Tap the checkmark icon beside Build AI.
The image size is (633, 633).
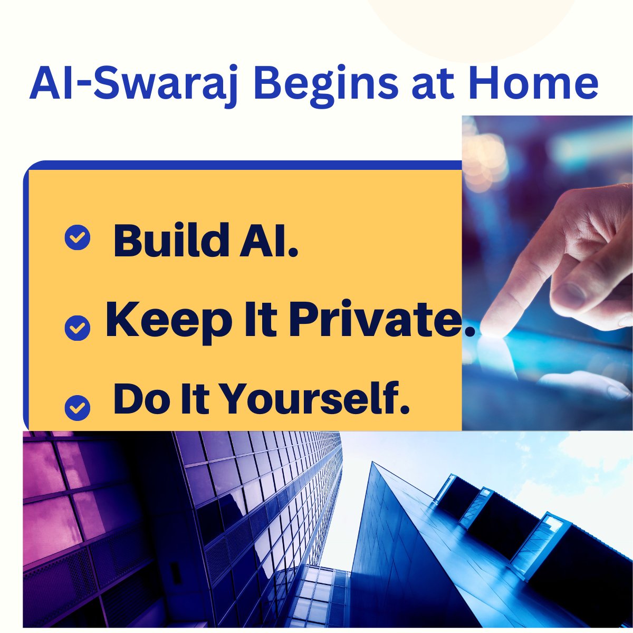coord(78,238)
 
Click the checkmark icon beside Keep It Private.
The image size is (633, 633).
coord(78,328)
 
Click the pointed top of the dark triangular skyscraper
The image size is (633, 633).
coord(372,464)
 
